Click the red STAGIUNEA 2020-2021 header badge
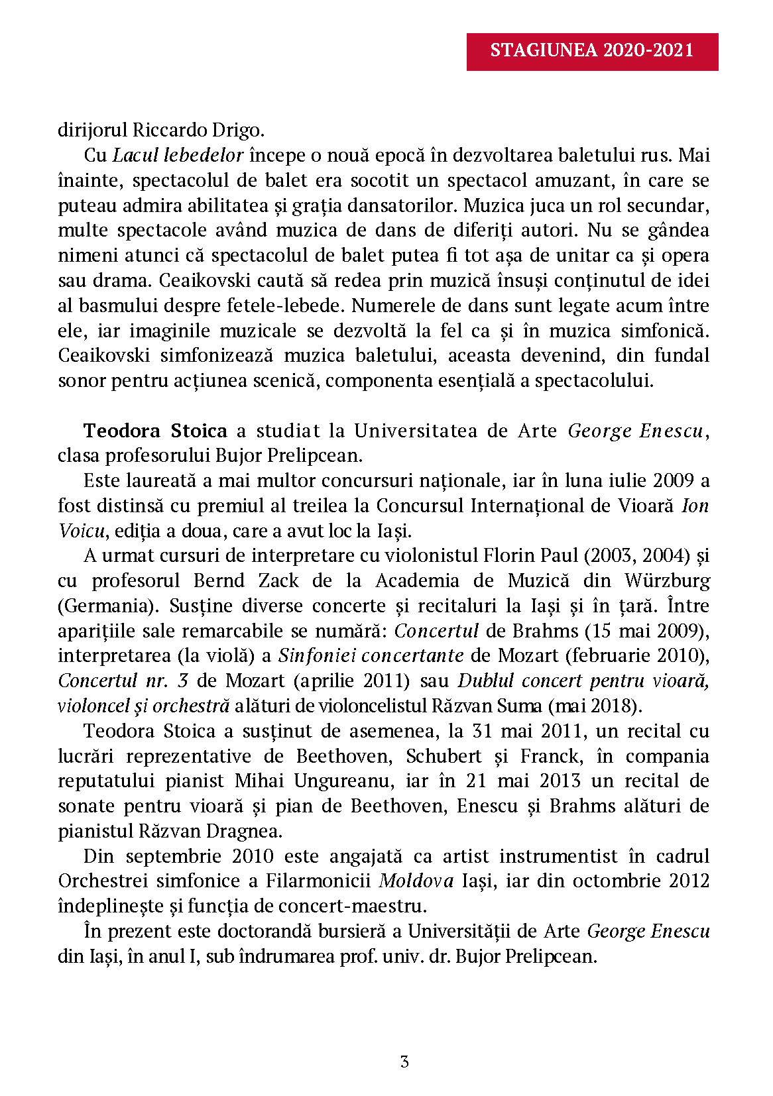592,51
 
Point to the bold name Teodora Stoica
155,431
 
